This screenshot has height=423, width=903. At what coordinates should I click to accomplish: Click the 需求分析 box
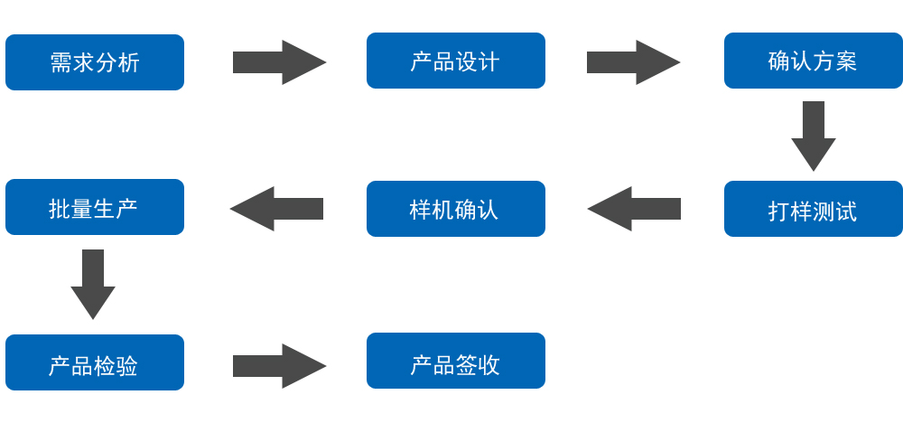click(95, 62)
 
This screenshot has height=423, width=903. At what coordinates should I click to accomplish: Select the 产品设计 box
click(455, 61)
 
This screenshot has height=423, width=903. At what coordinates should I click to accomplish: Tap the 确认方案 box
click(813, 61)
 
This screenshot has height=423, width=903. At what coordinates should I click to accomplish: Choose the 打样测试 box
click(813, 209)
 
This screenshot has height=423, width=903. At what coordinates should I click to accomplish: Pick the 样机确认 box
click(455, 209)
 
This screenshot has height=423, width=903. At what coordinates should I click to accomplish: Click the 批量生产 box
click(95, 207)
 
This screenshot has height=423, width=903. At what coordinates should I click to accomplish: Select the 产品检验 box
click(95, 362)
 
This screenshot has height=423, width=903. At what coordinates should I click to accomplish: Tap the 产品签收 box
click(455, 361)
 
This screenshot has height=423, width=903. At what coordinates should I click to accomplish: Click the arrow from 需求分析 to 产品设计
click(278, 62)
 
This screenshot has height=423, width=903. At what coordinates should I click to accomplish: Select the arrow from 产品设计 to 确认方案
click(632, 62)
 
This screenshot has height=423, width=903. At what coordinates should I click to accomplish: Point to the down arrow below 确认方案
click(814, 136)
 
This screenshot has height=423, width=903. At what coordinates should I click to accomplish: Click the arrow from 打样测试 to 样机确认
click(635, 209)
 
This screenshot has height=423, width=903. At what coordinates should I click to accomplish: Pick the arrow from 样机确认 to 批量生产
click(277, 209)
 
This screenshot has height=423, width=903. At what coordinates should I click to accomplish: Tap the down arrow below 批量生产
click(93, 284)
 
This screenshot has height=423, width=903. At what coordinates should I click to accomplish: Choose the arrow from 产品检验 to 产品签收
click(278, 366)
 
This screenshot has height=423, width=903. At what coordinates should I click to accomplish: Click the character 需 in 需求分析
click(61, 62)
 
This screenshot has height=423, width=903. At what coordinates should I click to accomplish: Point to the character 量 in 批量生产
click(83, 209)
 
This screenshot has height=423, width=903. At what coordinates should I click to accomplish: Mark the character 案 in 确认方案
click(846, 61)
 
